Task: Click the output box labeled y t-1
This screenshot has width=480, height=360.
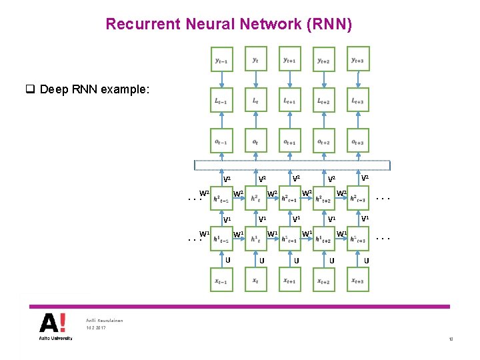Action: click(x=221, y=59)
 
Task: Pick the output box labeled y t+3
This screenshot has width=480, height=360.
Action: click(x=357, y=59)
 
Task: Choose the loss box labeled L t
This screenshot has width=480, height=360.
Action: click(x=255, y=101)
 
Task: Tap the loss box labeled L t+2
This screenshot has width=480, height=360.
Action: click(x=323, y=101)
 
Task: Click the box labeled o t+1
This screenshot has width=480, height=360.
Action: click(x=289, y=143)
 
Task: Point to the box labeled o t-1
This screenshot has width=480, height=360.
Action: click(x=221, y=143)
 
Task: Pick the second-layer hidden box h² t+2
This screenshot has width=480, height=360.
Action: click(x=324, y=198)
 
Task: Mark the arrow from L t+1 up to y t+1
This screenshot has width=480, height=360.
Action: click(x=289, y=80)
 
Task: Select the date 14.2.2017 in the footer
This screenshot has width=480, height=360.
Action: click(x=96, y=329)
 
